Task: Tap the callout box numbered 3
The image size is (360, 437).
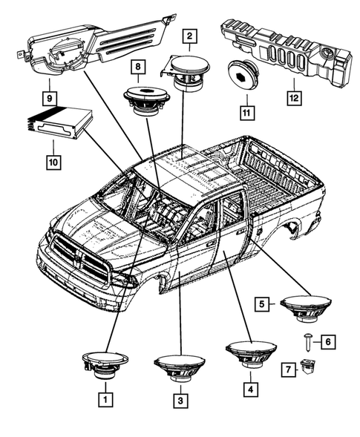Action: [x=180, y=399]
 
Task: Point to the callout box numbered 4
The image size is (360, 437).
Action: [x=250, y=387]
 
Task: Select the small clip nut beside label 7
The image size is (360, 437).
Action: [x=308, y=367]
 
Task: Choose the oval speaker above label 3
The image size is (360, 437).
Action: [x=180, y=366]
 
